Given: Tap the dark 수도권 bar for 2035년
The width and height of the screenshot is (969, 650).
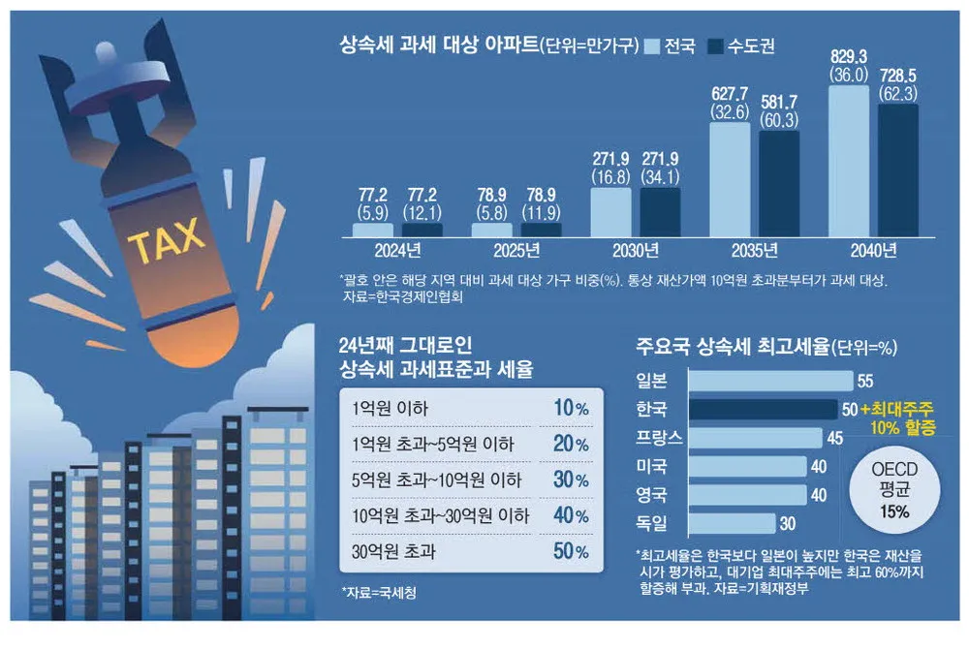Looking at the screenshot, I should (779, 183).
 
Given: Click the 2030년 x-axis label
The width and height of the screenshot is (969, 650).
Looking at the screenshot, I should (635, 251).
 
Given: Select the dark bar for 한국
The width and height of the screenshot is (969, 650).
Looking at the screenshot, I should (762, 409).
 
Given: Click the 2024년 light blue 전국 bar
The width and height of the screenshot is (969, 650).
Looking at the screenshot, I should (373, 231).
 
